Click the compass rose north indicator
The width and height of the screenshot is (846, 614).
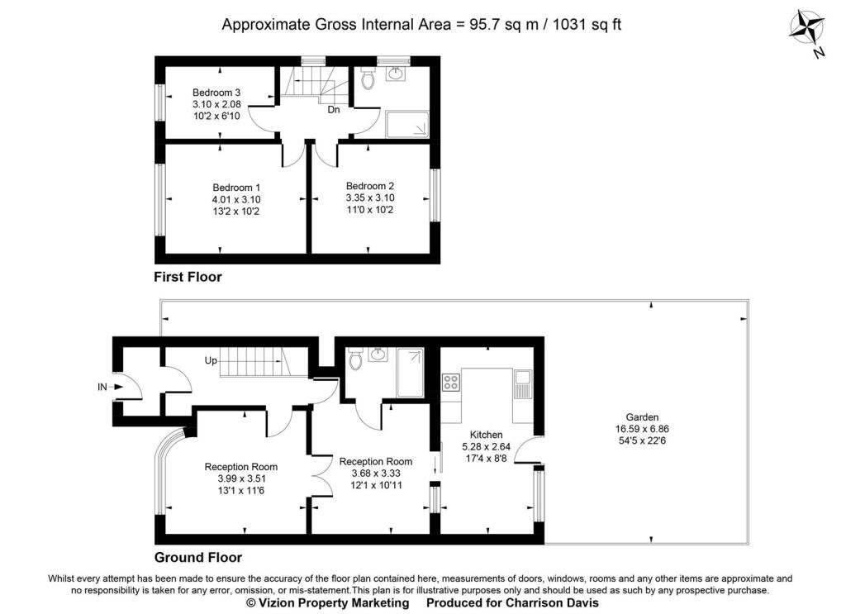coord(808,31)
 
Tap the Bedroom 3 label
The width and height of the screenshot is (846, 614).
coord(216,93)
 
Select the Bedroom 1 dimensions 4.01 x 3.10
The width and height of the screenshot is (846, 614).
coord(236,200)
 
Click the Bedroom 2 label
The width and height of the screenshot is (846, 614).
coord(370,186)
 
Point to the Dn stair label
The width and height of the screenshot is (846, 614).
coord(334,110)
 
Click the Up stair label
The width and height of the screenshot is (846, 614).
coord(211,360)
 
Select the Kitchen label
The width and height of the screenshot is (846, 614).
coord(486,435)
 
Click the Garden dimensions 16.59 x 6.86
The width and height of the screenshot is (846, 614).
coord(642,429)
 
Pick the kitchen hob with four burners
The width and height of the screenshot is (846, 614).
coord(451,383)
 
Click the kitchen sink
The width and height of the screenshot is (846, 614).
coord(522,384)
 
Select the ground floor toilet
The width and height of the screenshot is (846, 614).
coord(355,359)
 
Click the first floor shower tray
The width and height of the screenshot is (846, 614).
coord(407,125)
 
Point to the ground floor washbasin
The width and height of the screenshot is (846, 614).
coord(377,355)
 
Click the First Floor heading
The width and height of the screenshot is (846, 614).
coord(188,278)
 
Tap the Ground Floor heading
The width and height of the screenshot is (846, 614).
coord(198,557)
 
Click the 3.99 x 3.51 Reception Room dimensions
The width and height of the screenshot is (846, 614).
coord(242,478)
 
